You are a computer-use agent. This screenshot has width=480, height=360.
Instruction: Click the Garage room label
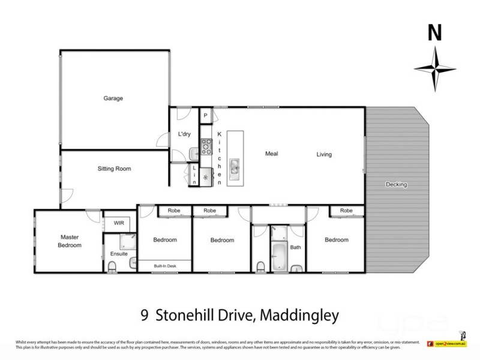[113, 98]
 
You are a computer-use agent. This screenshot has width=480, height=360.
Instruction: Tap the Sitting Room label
[114, 169]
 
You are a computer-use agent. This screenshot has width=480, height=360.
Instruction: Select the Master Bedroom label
[69, 241]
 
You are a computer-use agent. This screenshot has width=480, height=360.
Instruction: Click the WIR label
[119, 223]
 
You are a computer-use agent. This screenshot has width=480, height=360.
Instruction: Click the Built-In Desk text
[164, 265]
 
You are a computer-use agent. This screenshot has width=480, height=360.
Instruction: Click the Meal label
[272, 154]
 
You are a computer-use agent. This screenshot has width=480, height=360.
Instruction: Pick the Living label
[324, 154]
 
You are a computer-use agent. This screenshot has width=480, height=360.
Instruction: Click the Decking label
[396, 184]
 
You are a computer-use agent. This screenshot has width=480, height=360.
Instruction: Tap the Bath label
[295, 247]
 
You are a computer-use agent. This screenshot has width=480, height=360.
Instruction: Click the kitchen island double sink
[234, 166]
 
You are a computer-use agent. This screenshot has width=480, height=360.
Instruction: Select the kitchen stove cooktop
[206, 145]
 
